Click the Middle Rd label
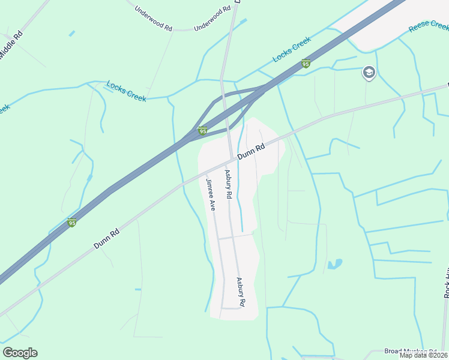(x=10, y=45)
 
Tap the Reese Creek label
(x=429, y=26)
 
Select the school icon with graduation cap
(x=369, y=73)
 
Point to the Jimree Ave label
(x=211, y=194)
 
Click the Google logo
(x=20, y=353)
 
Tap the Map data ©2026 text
(x=423, y=355)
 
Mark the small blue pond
(x=335, y=264)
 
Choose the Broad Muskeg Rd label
(x=411, y=352)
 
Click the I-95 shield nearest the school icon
(x=306, y=64)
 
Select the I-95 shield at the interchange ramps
(x=203, y=131)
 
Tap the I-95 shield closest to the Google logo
(x=72, y=223)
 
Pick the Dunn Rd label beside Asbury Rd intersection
(x=251, y=152)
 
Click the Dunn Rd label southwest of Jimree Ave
(x=107, y=238)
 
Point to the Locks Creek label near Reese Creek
(x=292, y=50)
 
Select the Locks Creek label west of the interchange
(x=126, y=91)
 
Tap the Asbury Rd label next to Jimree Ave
(x=229, y=184)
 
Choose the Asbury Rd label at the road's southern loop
(x=241, y=292)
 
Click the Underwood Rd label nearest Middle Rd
(x=153, y=19)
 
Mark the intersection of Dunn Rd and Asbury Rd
(x=232, y=160)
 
